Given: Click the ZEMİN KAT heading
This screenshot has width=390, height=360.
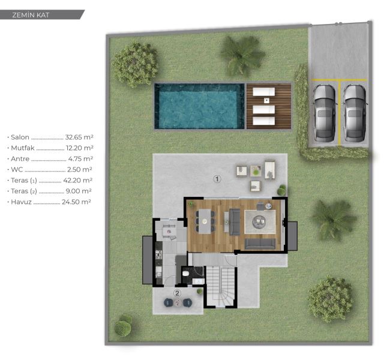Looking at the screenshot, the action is click(31, 15).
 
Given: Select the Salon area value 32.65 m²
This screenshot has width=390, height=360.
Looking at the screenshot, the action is click(79, 137).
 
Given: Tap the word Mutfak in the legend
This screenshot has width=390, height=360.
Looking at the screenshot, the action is click(23, 148).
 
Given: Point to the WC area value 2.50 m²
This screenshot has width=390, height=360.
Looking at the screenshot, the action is click(80, 170).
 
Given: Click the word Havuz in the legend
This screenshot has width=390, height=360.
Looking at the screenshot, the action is click(21, 202).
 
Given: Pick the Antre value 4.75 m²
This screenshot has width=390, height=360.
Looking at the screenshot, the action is click(80, 159).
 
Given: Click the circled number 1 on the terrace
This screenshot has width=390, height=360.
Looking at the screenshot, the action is click(217, 179).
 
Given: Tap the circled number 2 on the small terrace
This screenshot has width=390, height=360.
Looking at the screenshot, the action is click(177, 293).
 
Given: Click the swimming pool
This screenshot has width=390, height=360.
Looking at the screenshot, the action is click(199, 106).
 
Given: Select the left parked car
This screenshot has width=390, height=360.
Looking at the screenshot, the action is click(324, 113).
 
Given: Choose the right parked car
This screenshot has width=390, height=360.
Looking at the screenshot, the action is click(355, 113).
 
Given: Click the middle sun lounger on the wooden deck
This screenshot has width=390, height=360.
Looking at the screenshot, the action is click(263, 109).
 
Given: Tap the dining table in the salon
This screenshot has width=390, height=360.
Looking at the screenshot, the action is click(205, 221).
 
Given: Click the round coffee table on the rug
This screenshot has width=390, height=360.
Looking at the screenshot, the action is click(260, 221).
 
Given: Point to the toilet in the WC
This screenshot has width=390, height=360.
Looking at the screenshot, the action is click(186, 274).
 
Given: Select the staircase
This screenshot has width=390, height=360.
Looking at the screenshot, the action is click(221, 286).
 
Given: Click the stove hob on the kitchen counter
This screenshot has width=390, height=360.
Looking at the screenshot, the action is click(158, 255).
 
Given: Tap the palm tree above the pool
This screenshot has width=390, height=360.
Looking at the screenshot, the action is click(242, 56).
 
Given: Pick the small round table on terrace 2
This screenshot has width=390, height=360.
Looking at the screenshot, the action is click(178, 302).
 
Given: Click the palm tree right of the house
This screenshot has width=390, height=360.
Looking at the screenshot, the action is click(333, 220).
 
